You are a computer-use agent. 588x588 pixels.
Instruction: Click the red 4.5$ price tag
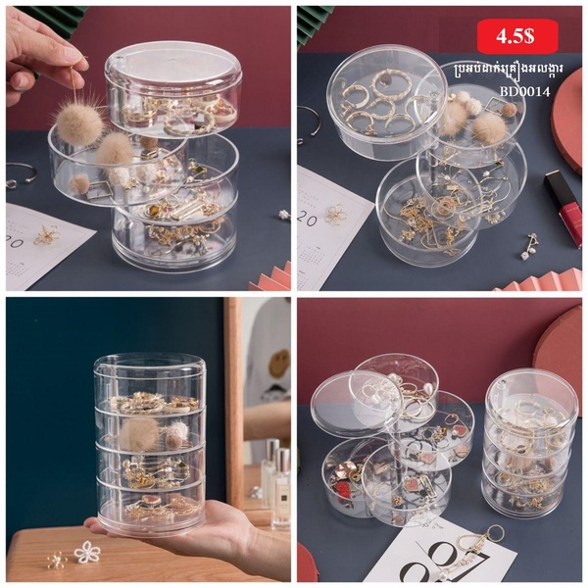[x=516, y=36]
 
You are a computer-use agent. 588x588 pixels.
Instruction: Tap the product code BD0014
[x=524, y=91]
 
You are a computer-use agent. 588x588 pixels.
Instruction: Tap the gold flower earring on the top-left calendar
[x=47, y=234]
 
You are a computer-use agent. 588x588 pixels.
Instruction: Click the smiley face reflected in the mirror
[x=279, y=363]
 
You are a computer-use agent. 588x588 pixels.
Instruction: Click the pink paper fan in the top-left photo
[x=270, y=275]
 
